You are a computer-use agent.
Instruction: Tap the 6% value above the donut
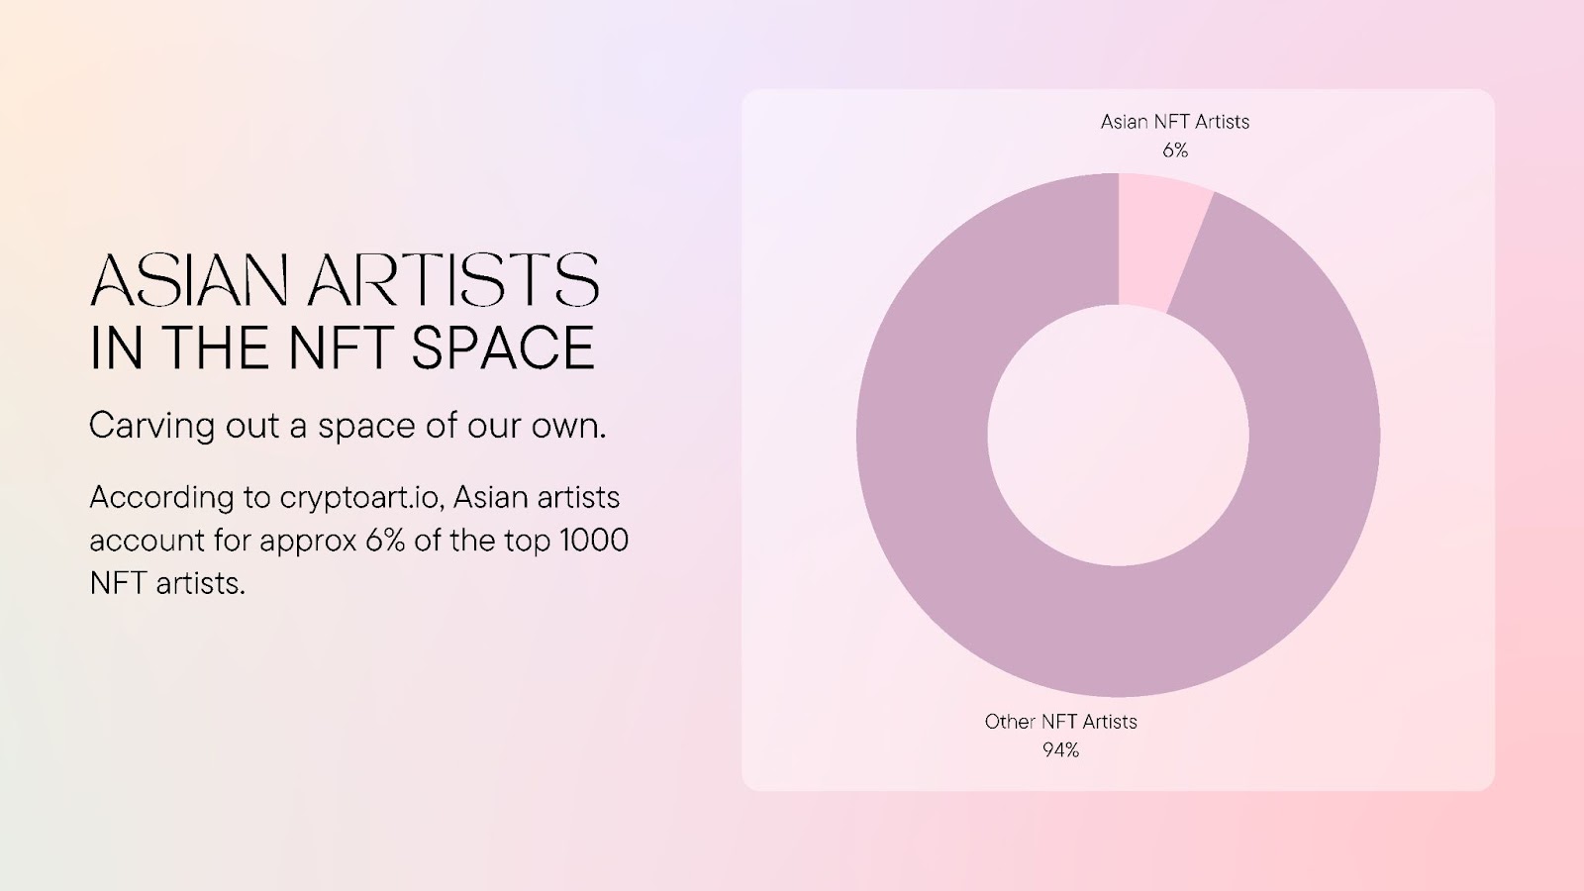(1175, 150)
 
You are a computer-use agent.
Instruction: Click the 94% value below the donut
(1060, 750)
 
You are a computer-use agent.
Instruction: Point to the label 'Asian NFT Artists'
(1175, 122)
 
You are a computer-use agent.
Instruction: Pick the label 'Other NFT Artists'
(1060, 722)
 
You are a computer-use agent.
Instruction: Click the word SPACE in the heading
(503, 347)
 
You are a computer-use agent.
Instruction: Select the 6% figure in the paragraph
(385, 541)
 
